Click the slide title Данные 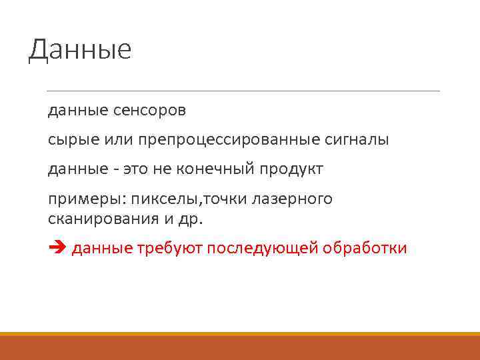[x=80, y=50]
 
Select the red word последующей [x=262, y=249]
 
